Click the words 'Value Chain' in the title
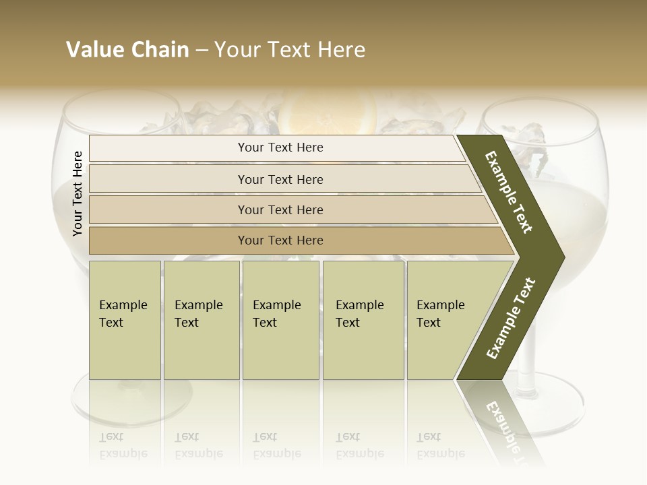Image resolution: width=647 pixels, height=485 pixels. [x=127, y=50]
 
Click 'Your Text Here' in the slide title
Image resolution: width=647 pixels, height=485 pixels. [x=289, y=50]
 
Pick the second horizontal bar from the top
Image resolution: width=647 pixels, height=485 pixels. [x=280, y=179]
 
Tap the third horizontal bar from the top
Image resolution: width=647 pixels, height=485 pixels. [x=280, y=209]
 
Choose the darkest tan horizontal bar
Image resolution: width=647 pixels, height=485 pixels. [x=280, y=240]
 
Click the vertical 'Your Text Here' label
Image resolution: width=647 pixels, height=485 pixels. [x=78, y=193]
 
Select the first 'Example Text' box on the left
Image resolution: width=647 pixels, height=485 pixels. [x=125, y=320]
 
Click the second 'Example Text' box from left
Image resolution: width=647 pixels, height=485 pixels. [x=201, y=320]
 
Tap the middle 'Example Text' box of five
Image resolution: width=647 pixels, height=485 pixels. [x=280, y=320]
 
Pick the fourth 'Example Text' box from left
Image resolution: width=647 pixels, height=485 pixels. [x=363, y=320]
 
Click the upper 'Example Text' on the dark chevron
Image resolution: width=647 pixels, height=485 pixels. [x=510, y=192]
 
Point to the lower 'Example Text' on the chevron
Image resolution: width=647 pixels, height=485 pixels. [x=510, y=318]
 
